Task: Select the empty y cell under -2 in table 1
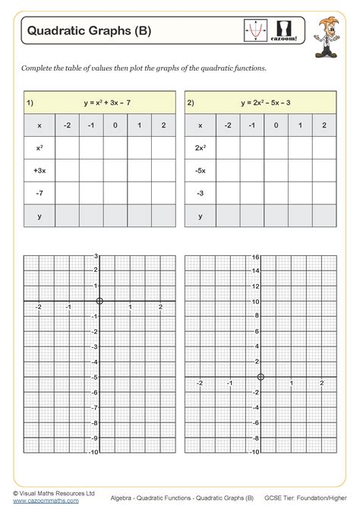(x=68, y=216)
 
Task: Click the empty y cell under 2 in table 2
(x=324, y=216)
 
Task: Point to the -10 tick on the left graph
(x=94, y=453)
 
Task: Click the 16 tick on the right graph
(x=256, y=258)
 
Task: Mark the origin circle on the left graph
(x=99, y=302)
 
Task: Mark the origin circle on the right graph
(x=261, y=378)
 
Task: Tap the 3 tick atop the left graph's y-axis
(x=96, y=257)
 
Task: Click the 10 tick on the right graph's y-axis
(x=256, y=302)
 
